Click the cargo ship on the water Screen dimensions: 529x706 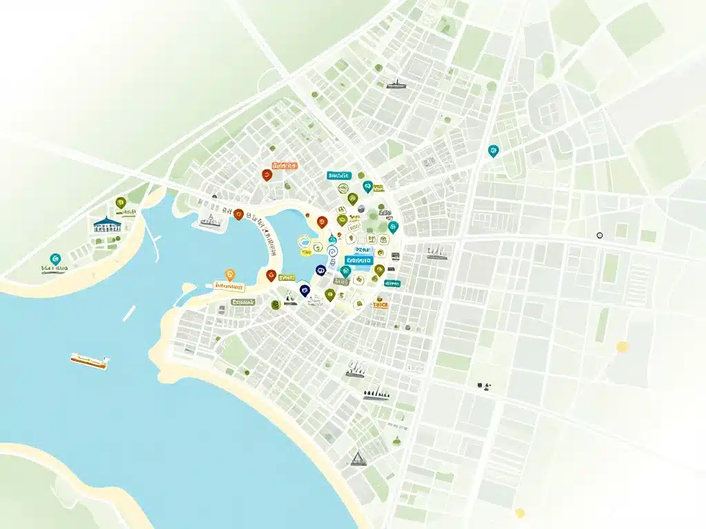tap(89, 360)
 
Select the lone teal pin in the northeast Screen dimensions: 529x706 tap(492, 151)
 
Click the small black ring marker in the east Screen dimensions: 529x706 tap(599, 236)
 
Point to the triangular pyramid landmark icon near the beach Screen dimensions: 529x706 tap(357, 457)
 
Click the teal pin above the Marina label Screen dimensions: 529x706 tap(56, 258)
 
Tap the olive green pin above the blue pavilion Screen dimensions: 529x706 tap(121, 203)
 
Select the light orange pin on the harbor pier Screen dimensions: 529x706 tap(230, 274)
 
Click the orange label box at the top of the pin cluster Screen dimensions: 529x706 tap(284, 166)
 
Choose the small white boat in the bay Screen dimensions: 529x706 tap(129, 313)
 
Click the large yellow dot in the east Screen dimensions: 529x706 tap(623, 346)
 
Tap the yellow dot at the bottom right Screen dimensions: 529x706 tap(520, 512)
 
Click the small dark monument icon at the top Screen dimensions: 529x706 tap(395, 85)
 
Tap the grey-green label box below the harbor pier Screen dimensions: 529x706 tap(243, 302)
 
